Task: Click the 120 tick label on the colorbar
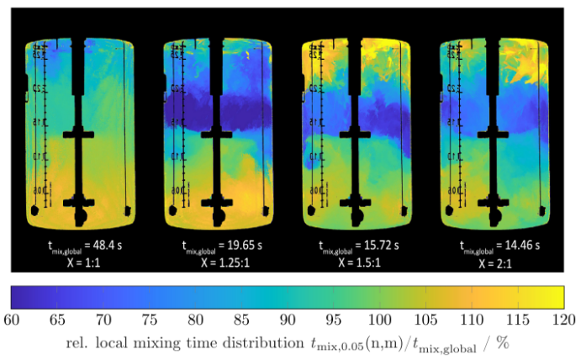click(x=563, y=319)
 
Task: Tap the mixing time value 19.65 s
click(x=239, y=250)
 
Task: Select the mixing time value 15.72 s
click(x=378, y=250)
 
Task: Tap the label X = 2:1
click(x=494, y=262)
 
